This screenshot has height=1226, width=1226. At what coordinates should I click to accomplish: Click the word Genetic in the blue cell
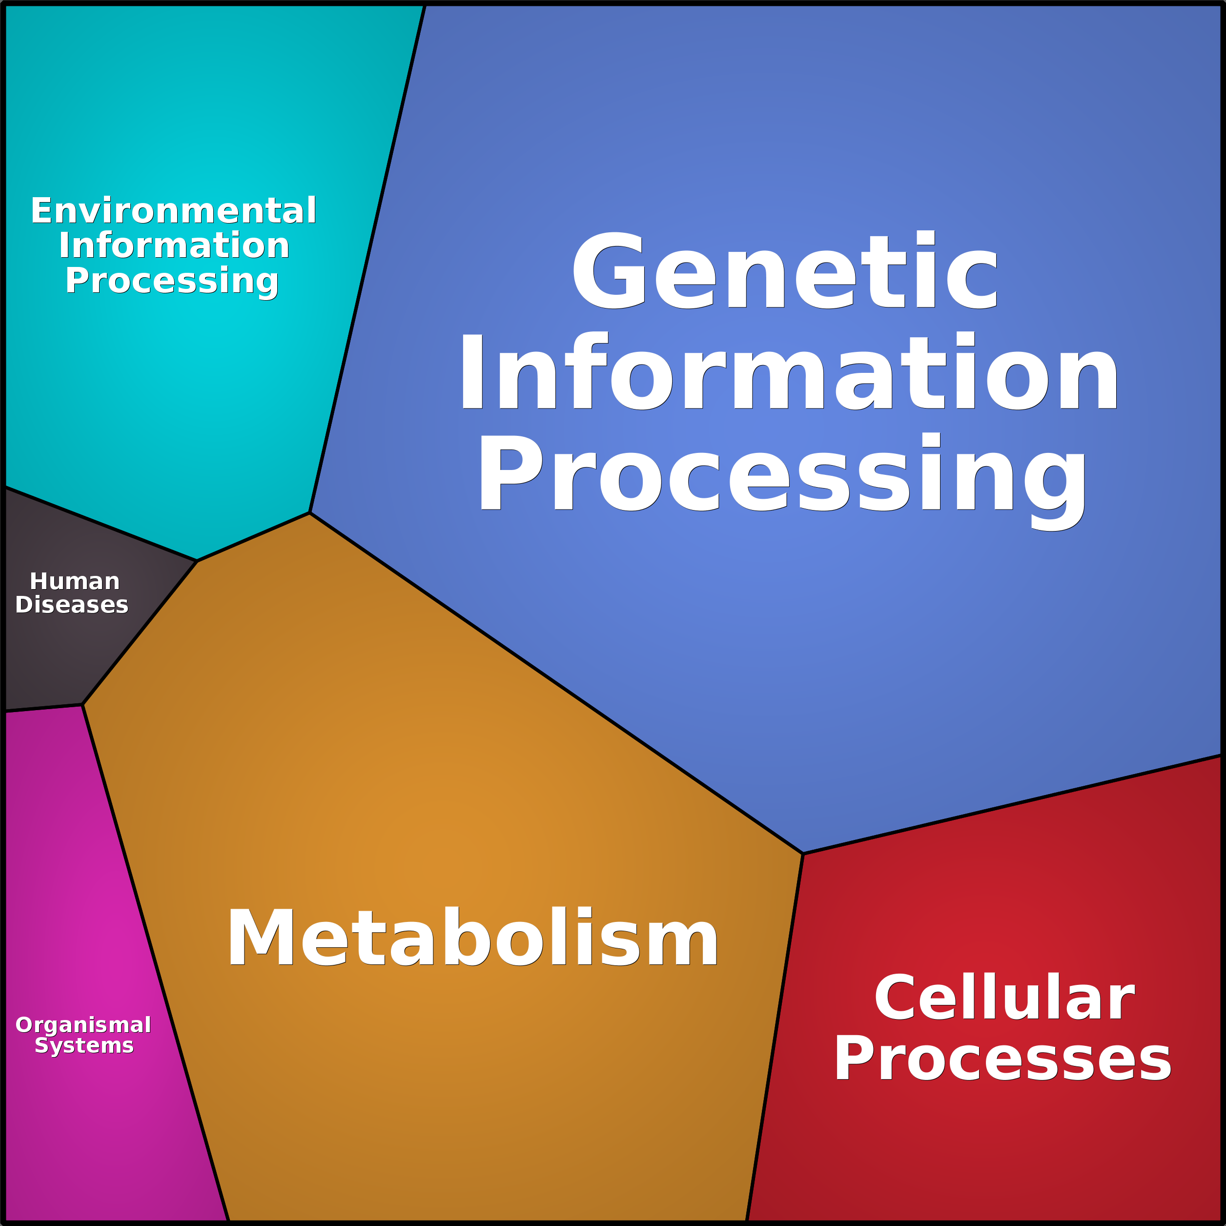785,271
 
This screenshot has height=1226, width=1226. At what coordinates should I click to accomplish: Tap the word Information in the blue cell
789,373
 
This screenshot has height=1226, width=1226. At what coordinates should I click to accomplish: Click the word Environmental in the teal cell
173,211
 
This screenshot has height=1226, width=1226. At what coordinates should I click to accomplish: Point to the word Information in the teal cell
174,245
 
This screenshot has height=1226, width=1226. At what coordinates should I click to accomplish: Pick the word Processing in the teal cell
171,281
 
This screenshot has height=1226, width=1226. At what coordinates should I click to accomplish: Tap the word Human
74,581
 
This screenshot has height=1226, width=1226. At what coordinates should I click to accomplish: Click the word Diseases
72,605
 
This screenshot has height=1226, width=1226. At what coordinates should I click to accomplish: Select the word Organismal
83,1025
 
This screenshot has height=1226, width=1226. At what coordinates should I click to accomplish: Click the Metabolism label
473,938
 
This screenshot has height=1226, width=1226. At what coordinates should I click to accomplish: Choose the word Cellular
1004,998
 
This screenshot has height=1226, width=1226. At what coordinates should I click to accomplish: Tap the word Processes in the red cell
1002,1059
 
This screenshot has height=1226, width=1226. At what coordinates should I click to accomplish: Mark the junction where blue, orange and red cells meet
803,854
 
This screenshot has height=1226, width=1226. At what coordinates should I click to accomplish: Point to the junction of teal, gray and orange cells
197,561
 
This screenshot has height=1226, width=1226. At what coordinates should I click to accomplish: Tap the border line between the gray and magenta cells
43,708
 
